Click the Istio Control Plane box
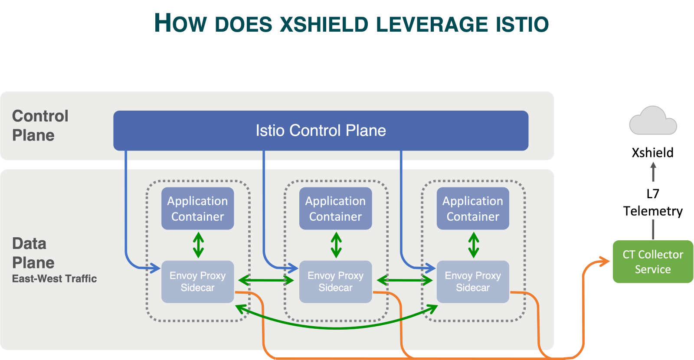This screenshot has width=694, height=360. pyautogui.click(x=321, y=131)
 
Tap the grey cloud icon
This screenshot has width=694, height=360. pyautogui.click(x=653, y=121)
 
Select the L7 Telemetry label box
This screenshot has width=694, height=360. pyautogui.click(x=653, y=201)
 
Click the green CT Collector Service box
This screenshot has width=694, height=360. pyautogui.click(x=652, y=262)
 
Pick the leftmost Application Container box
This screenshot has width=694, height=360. pyautogui.click(x=197, y=209)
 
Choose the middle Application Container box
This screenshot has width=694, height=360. pyautogui.click(x=335, y=209)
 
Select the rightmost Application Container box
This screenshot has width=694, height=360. pyautogui.click(x=473, y=209)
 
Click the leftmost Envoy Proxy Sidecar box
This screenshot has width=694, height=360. pyautogui.click(x=197, y=281)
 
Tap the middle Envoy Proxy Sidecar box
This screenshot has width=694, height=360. pyautogui.click(x=335, y=281)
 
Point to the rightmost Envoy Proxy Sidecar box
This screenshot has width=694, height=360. pyautogui.click(x=473, y=281)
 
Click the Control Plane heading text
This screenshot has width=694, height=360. pyautogui.click(x=40, y=125)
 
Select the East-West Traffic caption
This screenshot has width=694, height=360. pyautogui.click(x=54, y=278)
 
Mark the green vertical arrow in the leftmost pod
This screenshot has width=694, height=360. pyautogui.click(x=198, y=245)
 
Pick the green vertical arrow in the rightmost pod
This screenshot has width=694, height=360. pyautogui.click(x=474, y=245)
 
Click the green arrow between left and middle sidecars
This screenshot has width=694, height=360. pyautogui.click(x=266, y=280)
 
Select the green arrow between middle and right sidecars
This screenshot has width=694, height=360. pyautogui.click(x=404, y=280)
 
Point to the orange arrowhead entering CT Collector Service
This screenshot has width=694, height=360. pyautogui.click(x=605, y=261)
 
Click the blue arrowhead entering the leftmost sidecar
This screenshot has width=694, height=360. pyautogui.click(x=155, y=268)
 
